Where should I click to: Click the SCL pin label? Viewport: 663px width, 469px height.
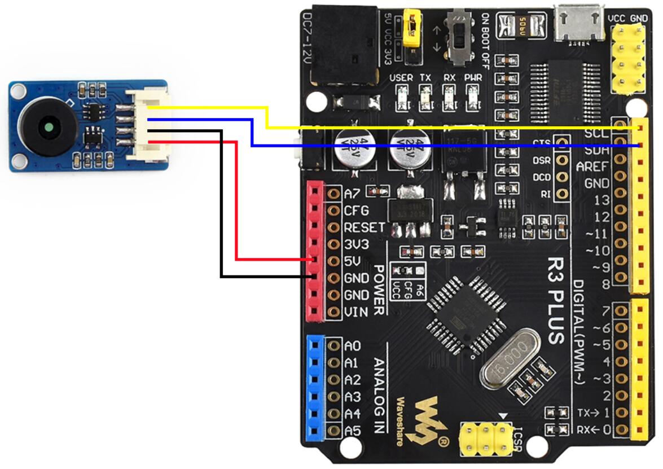pyautogui.click(x=597, y=134)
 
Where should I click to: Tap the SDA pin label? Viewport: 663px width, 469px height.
pyautogui.click(x=597, y=151)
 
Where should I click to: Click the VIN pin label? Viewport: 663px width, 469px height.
pyautogui.click(x=357, y=312)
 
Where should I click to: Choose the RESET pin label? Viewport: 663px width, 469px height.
pyautogui.click(x=365, y=227)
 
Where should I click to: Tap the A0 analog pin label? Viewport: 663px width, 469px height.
pyautogui.click(x=353, y=346)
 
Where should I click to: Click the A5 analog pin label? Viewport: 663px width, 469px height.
pyautogui.click(x=353, y=431)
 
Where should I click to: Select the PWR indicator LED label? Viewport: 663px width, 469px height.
pyautogui.click(x=473, y=77)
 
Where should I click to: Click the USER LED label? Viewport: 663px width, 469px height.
pyautogui.click(x=401, y=77)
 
